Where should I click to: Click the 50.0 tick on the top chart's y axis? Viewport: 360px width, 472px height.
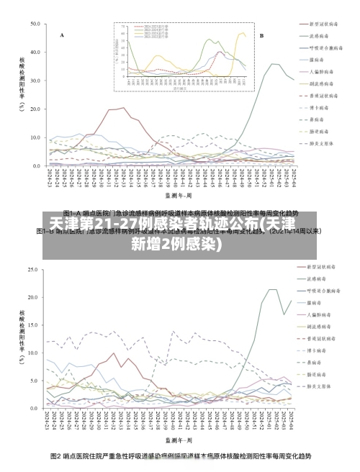coord(35,24)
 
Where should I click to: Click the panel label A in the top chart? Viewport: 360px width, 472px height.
coord(62,35)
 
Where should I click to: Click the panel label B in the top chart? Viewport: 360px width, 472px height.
coord(261,35)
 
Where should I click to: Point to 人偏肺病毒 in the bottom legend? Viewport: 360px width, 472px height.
coord(320,314)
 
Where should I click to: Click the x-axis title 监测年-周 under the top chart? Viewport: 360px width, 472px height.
coord(178,194)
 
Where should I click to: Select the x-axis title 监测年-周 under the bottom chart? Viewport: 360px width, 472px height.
coord(178,438)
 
